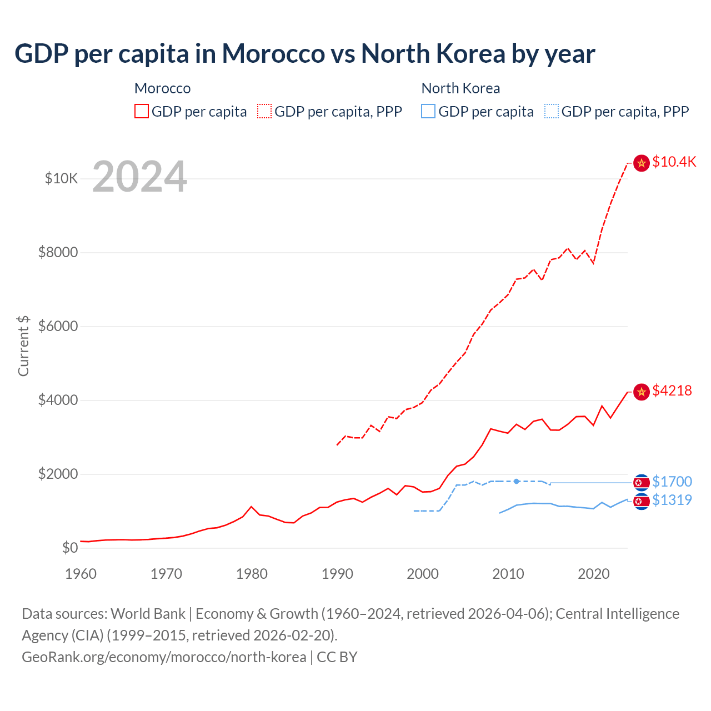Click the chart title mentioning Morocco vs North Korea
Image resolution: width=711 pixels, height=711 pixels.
coord(304,54)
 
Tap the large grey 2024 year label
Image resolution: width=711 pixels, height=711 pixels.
coord(139,177)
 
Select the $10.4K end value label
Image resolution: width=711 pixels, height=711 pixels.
coord(674,162)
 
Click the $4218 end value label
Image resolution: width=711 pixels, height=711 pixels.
coord(672,391)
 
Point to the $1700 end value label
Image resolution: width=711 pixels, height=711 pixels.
coord(672,482)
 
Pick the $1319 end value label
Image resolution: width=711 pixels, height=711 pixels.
coord(672,500)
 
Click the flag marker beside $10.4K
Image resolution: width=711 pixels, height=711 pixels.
coord(642,163)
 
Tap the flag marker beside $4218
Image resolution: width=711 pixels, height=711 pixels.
coord(642,392)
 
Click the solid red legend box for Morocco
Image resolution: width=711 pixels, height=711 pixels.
coord(142,112)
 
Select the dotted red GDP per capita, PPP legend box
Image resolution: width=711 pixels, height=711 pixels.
coord(264,112)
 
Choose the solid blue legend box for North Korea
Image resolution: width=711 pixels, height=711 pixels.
coord(428,112)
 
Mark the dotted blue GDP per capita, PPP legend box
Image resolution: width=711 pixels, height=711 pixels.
coord(552,112)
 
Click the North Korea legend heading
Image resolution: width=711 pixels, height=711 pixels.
coord(460,88)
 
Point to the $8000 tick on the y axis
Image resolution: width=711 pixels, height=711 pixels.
coord(58,253)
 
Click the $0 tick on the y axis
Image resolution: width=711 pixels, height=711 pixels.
coord(69,548)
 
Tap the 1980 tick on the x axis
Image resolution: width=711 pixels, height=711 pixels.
coord(252,574)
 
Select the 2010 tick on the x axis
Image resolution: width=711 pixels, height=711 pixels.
coord(508,574)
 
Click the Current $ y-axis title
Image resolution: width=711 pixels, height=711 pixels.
coord(23,346)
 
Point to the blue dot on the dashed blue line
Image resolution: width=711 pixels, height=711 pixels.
coord(517,481)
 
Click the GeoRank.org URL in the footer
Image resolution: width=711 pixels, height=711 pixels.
coord(164,657)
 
